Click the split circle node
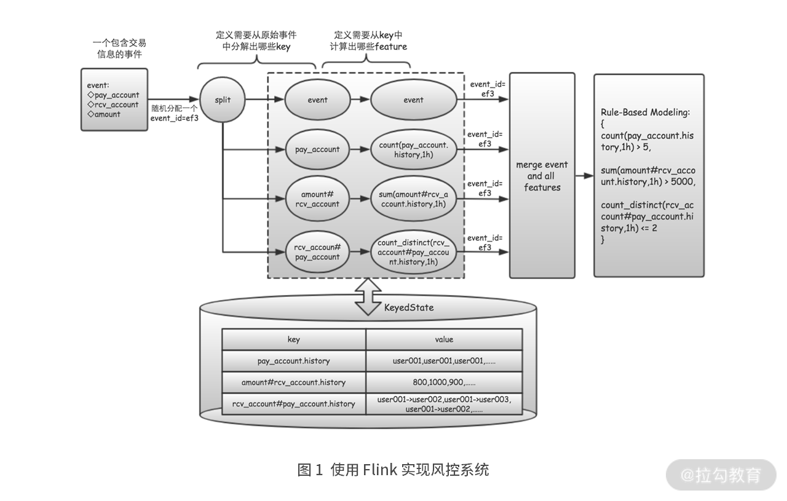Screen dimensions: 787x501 point(223,100)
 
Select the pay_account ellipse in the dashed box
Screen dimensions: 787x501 point(317,149)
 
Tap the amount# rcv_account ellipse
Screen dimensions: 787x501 point(317,199)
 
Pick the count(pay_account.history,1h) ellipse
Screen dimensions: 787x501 point(414,149)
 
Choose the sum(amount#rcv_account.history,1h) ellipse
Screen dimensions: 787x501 point(414,199)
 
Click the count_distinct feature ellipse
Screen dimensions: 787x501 point(414,252)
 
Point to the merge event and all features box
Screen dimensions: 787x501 point(542,176)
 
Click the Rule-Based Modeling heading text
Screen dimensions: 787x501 point(645,112)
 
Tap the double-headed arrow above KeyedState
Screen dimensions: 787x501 point(368,297)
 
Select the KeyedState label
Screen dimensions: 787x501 point(409,308)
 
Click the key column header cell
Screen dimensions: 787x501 point(294,339)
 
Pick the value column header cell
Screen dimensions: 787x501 point(444,339)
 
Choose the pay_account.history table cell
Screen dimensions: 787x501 point(294,361)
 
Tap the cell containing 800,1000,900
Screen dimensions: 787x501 point(444,382)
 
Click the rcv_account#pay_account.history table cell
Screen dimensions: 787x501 point(294,404)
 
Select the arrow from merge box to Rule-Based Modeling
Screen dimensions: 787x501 point(585,176)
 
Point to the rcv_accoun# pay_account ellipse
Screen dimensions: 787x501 point(317,252)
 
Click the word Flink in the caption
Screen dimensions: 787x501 point(379,470)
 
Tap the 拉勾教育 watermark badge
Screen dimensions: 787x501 point(721,475)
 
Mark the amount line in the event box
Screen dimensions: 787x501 point(104,114)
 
